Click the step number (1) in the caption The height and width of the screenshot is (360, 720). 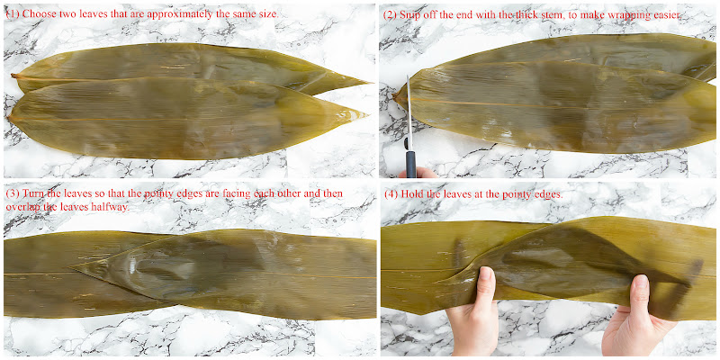[13, 13]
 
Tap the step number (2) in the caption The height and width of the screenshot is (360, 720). [391, 14]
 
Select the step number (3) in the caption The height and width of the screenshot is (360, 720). [13, 193]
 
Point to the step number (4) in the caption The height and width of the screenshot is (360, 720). [391, 193]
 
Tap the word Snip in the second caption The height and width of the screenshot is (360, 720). [409, 14]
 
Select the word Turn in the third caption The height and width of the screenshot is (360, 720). [31, 193]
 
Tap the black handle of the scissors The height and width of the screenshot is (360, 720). [410, 162]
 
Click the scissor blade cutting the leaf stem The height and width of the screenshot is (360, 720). [409, 112]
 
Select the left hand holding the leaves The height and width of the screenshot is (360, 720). [473, 312]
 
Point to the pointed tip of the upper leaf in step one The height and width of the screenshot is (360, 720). [370, 83]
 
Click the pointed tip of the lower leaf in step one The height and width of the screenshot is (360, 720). [366, 112]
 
